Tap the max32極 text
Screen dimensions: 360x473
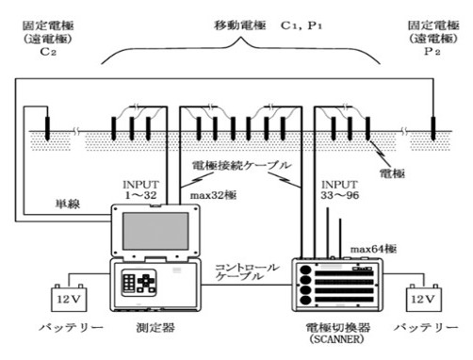tap(213, 195)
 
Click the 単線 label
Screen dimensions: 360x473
tap(66, 204)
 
